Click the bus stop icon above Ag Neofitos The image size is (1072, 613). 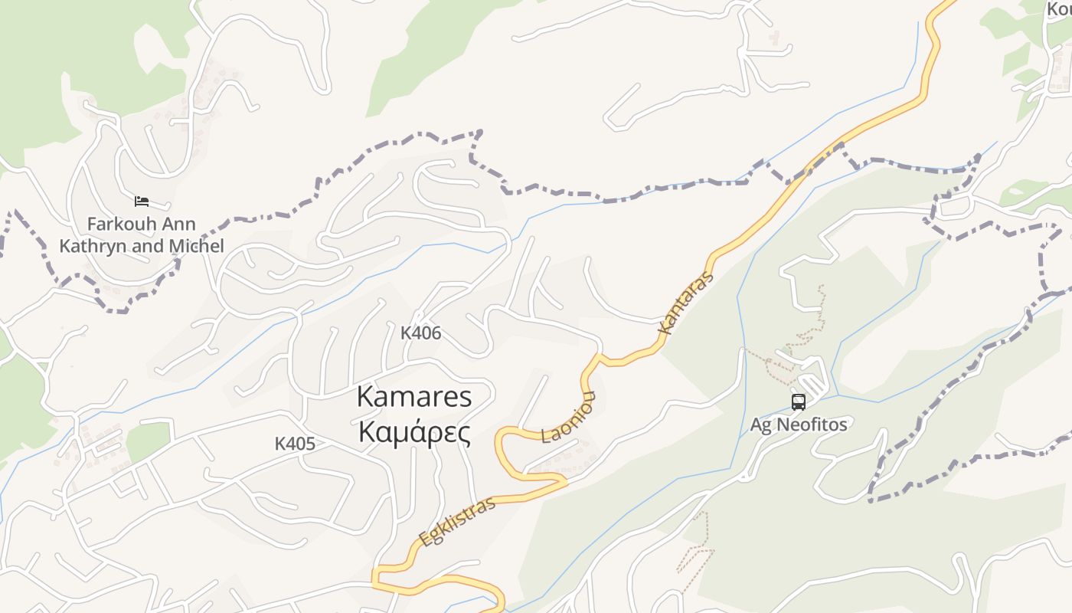coord(798,402)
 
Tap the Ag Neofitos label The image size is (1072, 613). coord(798,425)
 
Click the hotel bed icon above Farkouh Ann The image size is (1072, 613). coord(142,202)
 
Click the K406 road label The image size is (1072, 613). coord(420,333)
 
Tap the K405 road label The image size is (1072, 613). coord(295,444)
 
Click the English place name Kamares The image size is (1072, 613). coord(414,397)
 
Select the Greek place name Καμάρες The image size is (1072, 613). coord(414,433)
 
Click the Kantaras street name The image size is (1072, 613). coord(685,303)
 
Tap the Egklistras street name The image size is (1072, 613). coord(457,521)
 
